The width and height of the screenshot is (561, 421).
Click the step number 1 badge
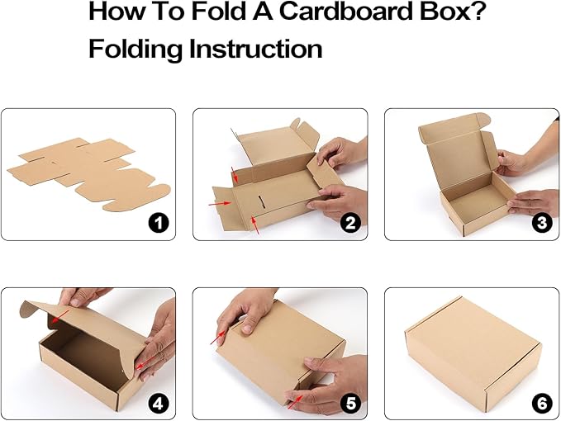coord(158,223)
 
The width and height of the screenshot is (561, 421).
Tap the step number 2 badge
coord(350,223)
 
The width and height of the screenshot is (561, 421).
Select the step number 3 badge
coord(542,223)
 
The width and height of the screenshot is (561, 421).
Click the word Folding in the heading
coord(135,49)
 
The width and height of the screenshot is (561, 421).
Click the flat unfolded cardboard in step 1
coord(87,173)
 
